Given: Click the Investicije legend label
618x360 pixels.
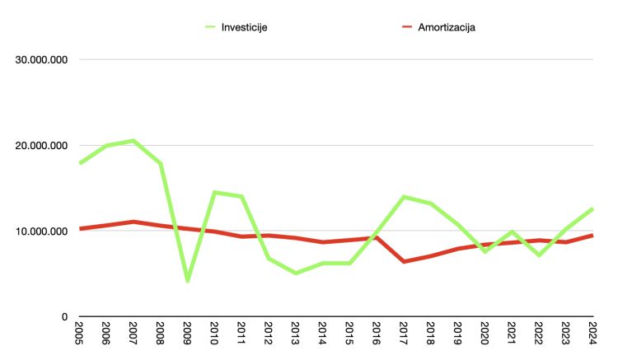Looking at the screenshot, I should (244, 27).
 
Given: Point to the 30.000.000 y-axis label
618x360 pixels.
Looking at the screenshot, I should (39, 59).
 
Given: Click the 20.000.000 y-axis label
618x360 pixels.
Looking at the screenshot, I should (39, 146).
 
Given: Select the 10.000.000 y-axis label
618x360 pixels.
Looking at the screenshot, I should (39, 231).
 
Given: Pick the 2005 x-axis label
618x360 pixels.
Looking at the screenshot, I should (81, 334).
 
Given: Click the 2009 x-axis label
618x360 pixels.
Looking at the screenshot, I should (188, 334).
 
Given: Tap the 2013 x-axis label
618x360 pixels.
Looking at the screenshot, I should (296, 334).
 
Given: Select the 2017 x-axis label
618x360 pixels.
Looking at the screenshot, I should (404, 334).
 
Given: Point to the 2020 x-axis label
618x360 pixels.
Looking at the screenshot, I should (485, 334).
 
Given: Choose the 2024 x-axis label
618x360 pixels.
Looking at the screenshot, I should (592, 334).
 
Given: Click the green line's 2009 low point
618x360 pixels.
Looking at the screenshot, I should (188, 281).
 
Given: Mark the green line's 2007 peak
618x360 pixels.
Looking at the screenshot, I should (133, 141).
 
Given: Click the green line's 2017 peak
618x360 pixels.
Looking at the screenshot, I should (404, 197).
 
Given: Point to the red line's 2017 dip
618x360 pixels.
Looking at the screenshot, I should (404, 261).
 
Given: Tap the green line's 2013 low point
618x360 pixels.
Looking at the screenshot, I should (296, 273).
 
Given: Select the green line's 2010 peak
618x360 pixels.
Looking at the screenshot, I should (214, 193).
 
